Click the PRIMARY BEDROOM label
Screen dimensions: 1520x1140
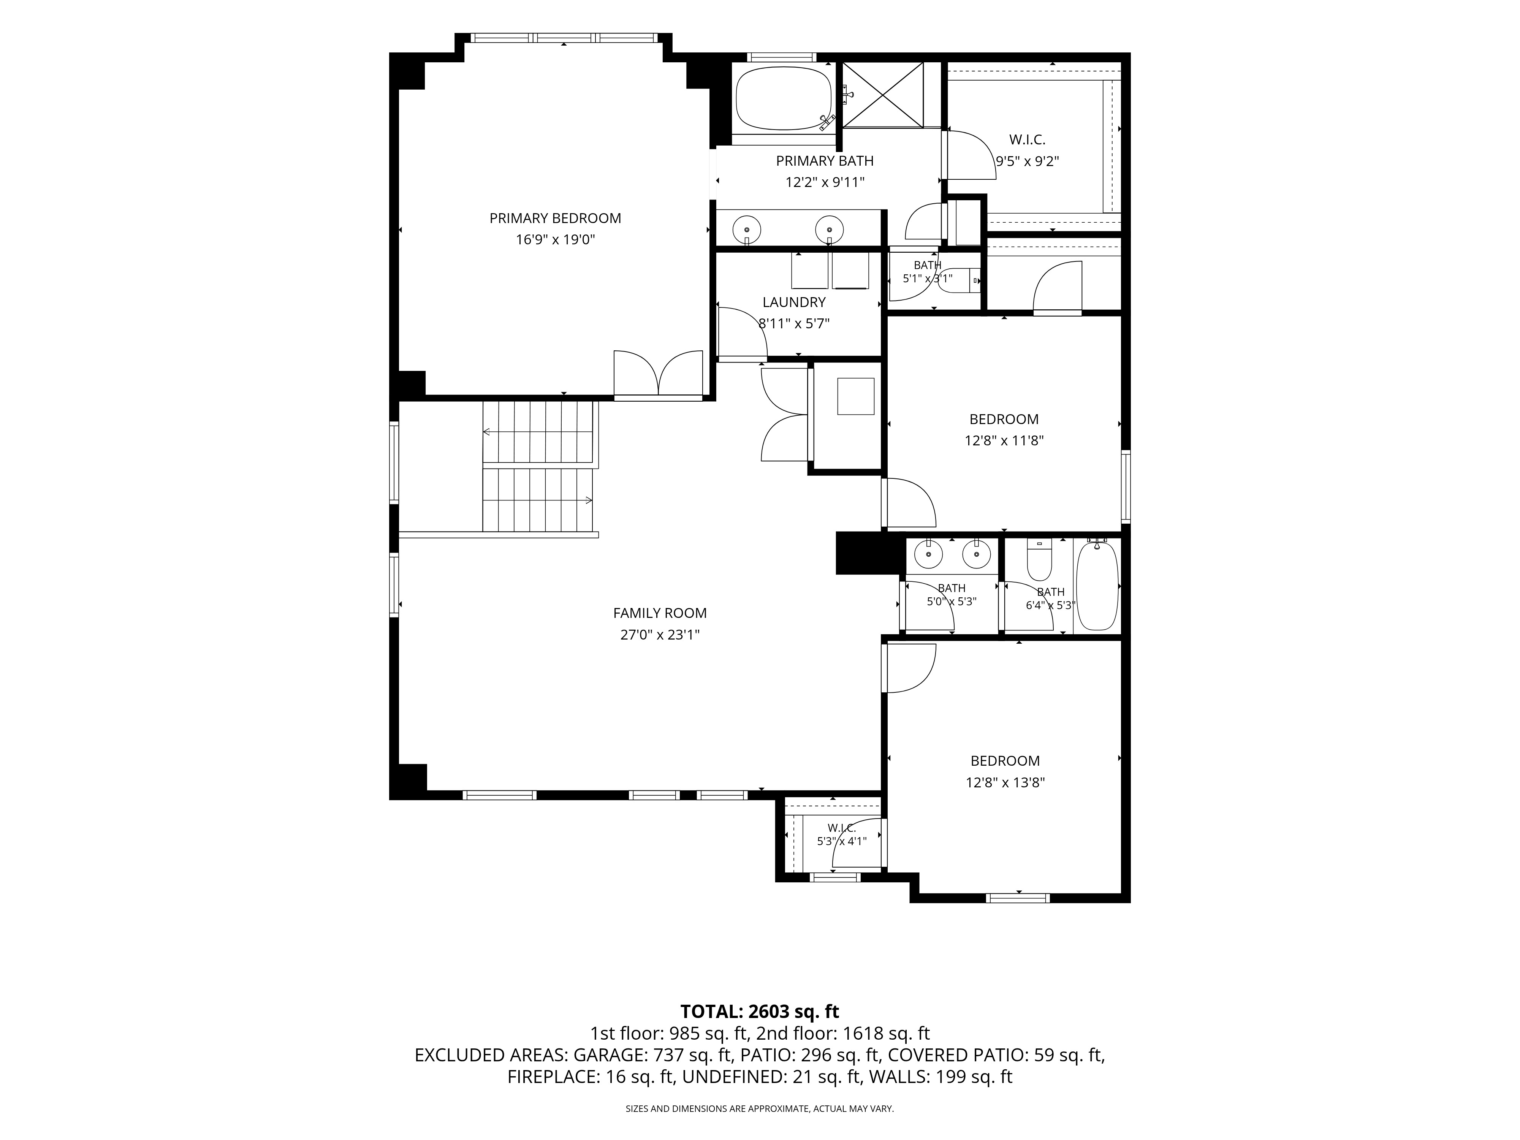pyautogui.click(x=555, y=218)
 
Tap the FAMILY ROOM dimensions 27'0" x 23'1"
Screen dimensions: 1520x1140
pyautogui.click(x=660, y=635)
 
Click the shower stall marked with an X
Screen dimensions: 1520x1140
pyautogui.click(x=883, y=95)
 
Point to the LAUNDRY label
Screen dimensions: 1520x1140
pyautogui.click(x=794, y=302)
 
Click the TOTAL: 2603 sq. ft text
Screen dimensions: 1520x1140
pyautogui.click(x=759, y=1012)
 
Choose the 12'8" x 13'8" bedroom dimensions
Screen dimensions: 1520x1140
pyautogui.click(x=1005, y=783)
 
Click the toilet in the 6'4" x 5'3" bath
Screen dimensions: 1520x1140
pyautogui.click(x=1039, y=560)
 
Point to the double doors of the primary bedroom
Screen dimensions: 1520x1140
pyautogui.click(x=658, y=375)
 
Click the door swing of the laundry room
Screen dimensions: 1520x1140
pyautogui.click(x=742, y=332)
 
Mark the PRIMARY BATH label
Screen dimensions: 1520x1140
pyautogui.click(x=825, y=161)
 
